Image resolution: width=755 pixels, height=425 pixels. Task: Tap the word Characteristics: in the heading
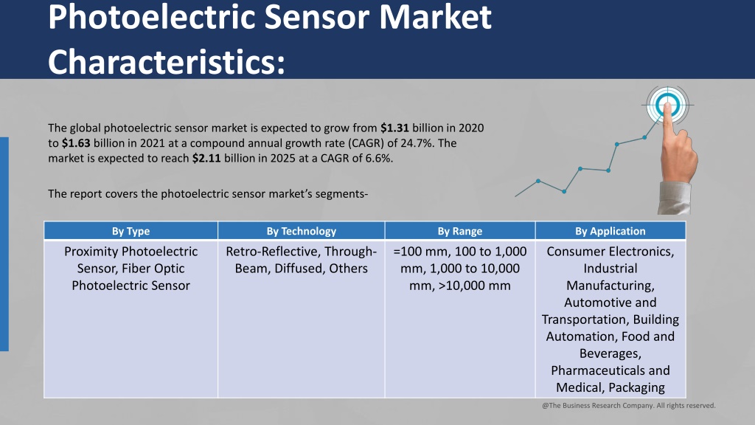tap(167, 62)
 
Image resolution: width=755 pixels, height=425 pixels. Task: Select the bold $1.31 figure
tap(394, 128)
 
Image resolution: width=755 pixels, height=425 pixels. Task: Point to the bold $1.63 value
tap(76, 143)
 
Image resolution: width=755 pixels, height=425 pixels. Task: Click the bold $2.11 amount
tap(206, 158)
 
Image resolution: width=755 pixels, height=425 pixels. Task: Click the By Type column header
tap(131, 231)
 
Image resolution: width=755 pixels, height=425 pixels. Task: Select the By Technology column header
tap(302, 231)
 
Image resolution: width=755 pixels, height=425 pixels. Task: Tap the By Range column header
tap(460, 231)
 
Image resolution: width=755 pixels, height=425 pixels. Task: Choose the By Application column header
tap(610, 231)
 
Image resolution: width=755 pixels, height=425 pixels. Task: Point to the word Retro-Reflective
tap(273, 252)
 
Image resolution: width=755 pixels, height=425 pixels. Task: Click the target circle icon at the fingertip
tap(667, 105)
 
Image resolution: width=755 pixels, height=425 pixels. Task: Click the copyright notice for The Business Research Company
tap(629, 406)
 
